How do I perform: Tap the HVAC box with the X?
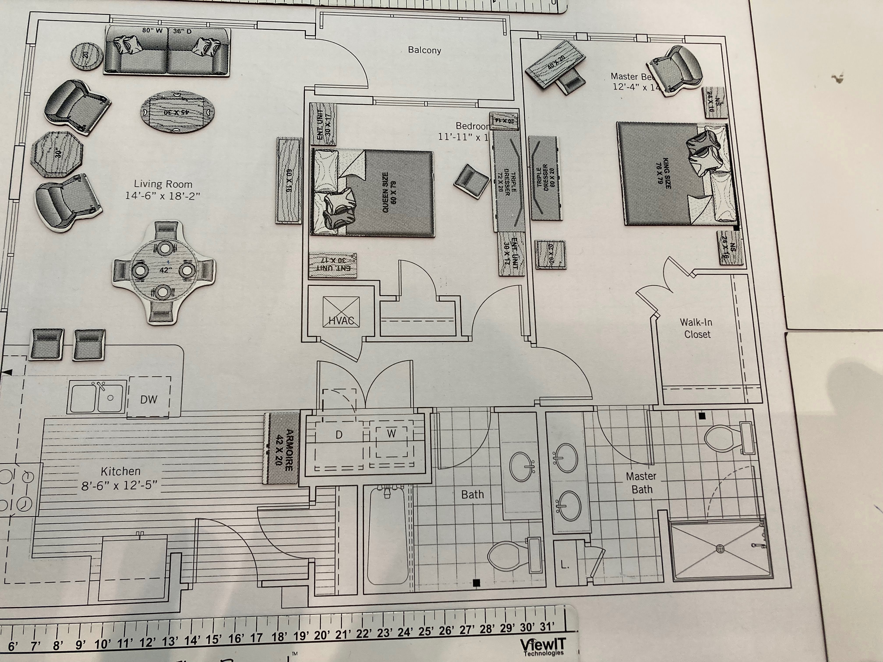click(341, 312)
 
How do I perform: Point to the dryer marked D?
click(339, 435)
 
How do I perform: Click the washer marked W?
click(391, 434)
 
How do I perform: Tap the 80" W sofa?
click(167, 51)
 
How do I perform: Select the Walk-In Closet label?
click(697, 328)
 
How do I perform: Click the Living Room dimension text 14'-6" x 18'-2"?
click(162, 196)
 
